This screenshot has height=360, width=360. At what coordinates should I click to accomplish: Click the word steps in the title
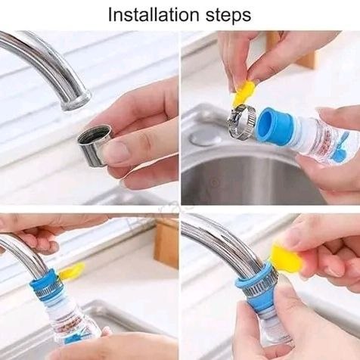[227, 14]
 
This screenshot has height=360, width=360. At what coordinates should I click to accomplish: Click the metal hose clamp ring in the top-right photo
[242, 121]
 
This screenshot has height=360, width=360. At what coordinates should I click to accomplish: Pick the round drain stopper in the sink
[205, 135]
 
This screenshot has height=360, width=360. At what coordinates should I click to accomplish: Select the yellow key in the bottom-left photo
[71, 271]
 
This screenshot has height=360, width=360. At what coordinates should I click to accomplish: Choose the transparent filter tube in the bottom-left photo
[76, 321]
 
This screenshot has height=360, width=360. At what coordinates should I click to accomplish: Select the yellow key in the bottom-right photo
[288, 259]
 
